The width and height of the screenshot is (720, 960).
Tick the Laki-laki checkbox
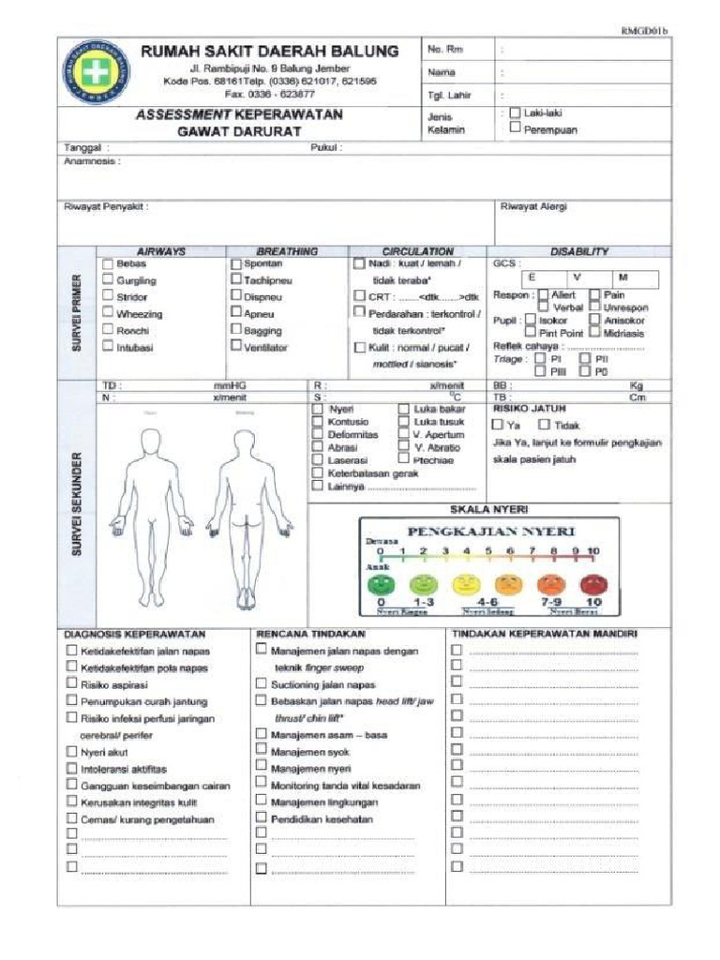tap(515, 112)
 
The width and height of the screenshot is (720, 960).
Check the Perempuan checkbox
tap(515, 129)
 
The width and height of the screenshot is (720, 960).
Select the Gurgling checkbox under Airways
tap(108, 280)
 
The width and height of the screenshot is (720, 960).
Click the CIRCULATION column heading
tap(417, 251)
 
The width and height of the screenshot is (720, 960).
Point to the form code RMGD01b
tap(644, 31)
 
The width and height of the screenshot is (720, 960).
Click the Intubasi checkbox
tap(108, 347)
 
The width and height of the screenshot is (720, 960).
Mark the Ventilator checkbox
tap(236, 347)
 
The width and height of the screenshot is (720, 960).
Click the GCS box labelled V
tap(577, 278)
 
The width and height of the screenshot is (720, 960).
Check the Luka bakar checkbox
tap(403, 409)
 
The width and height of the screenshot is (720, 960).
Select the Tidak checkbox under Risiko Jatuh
tap(546, 425)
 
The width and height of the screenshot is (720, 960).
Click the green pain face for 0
tap(381, 584)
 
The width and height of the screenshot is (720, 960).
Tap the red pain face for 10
tap(593, 584)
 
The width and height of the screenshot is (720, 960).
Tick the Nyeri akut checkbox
tap(72, 752)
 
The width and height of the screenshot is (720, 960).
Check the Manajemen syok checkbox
tap(262, 752)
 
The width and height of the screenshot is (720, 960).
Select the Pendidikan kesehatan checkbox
tap(262, 818)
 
